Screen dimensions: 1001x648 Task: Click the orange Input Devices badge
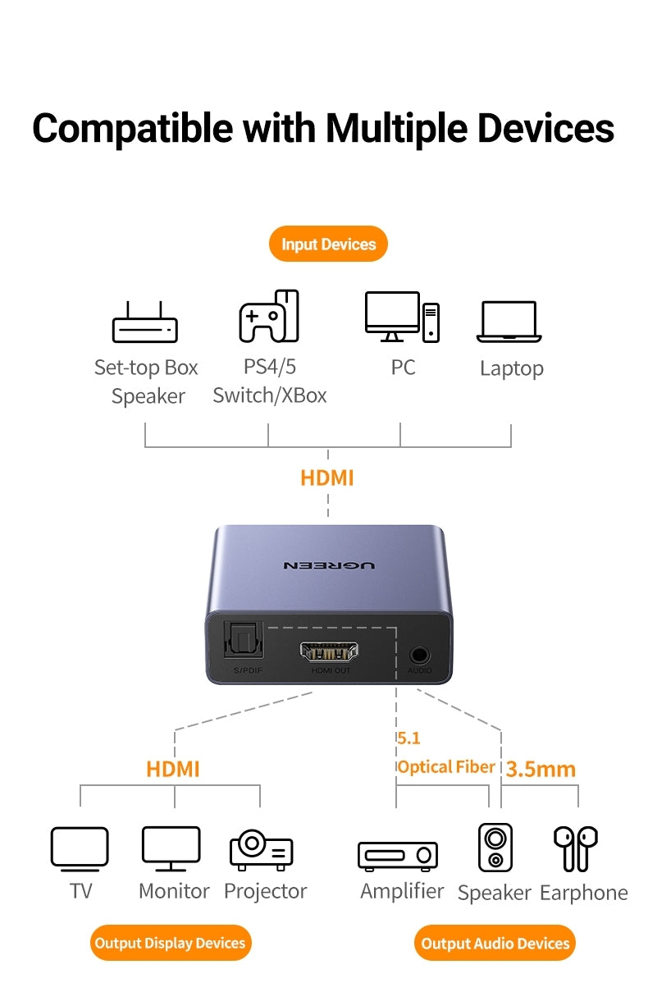click(x=328, y=244)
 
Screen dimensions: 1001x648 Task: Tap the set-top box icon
click(x=145, y=322)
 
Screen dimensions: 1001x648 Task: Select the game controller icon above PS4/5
click(x=269, y=316)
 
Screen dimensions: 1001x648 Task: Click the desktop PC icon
click(x=402, y=317)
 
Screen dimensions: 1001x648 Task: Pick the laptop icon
click(x=509, y=322)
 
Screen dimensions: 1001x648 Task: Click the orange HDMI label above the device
click(x=327, y=478)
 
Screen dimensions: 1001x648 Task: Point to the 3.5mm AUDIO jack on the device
click(x=420, y=655)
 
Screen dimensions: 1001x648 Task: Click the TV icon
click(x=80, y=848)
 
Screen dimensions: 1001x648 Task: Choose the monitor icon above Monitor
click(x=171, y=848)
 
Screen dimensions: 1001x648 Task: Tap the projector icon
click(x=262, y=849)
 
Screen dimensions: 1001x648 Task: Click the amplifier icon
click(x=398, y=855)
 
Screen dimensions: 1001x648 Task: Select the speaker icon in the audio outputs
click(x=495, y=848)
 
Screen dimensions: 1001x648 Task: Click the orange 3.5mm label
click(x=541, y=769)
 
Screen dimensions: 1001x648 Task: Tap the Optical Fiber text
click(x=446, y=767)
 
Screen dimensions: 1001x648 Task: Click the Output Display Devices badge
click(x=170, y=943)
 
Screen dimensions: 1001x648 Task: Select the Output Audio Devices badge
click(x=495, y=943)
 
